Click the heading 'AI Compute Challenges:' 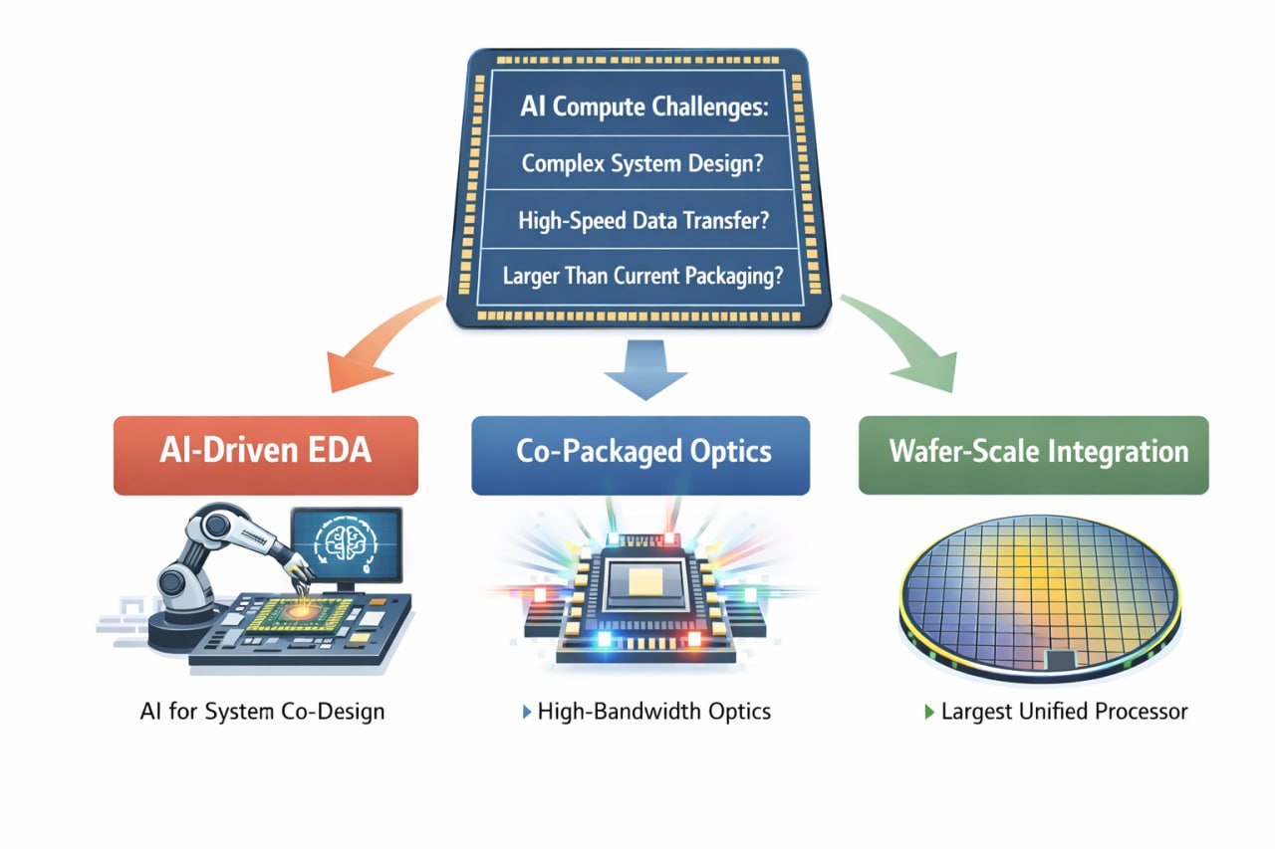644,107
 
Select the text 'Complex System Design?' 642,163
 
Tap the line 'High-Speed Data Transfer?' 642,220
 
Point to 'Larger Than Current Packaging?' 642,276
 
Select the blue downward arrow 644,368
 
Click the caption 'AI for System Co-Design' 263,712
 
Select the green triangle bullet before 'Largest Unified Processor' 929,713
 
